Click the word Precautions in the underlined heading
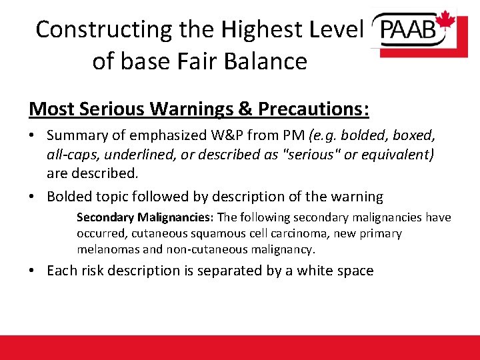313,108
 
